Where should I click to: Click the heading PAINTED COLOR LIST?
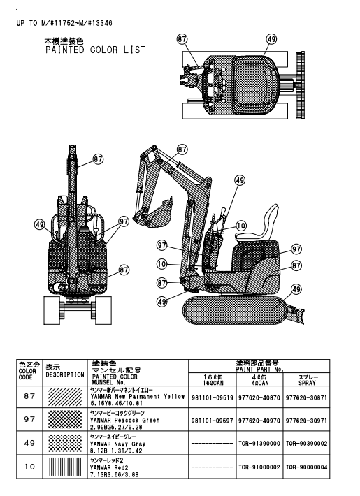coord(95,50)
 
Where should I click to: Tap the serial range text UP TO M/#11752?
coord(43,23)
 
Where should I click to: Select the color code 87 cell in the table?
coord(29,396)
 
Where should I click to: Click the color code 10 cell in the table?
coord(29,467)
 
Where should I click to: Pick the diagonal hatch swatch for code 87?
coord(61,396)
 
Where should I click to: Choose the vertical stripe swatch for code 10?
coord(61,467)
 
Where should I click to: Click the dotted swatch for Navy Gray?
coord(61,443)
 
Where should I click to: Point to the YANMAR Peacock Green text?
coord(124,421)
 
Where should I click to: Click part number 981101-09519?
coord(212,397)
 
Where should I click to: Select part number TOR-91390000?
coord(259,444)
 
